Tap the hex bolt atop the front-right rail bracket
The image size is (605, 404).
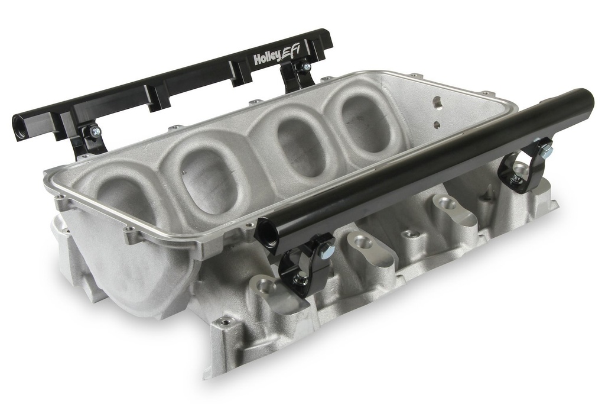click(546, 152)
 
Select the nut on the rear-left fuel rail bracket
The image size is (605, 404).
click(95, 132)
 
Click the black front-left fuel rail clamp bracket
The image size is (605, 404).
click(305, 266)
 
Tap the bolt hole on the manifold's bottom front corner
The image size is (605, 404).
click(225, 322)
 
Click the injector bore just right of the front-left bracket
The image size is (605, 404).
click(363, 243)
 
